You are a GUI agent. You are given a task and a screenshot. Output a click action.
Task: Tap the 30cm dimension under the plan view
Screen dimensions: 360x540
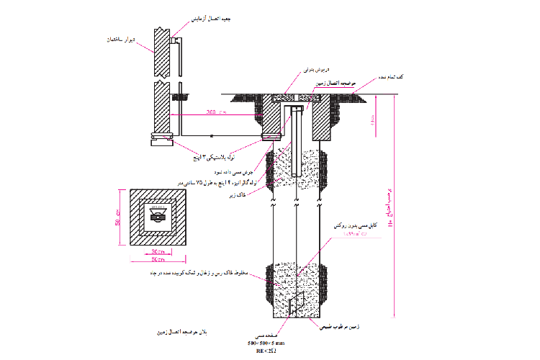pyautogui.click(x=158, y=251)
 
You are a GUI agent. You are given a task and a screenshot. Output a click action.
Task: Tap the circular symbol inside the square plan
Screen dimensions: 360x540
pyautogui.click(x=157, y=215)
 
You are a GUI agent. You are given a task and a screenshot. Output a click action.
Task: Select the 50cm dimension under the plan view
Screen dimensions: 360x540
pyautogui.click(x=158, y=258)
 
